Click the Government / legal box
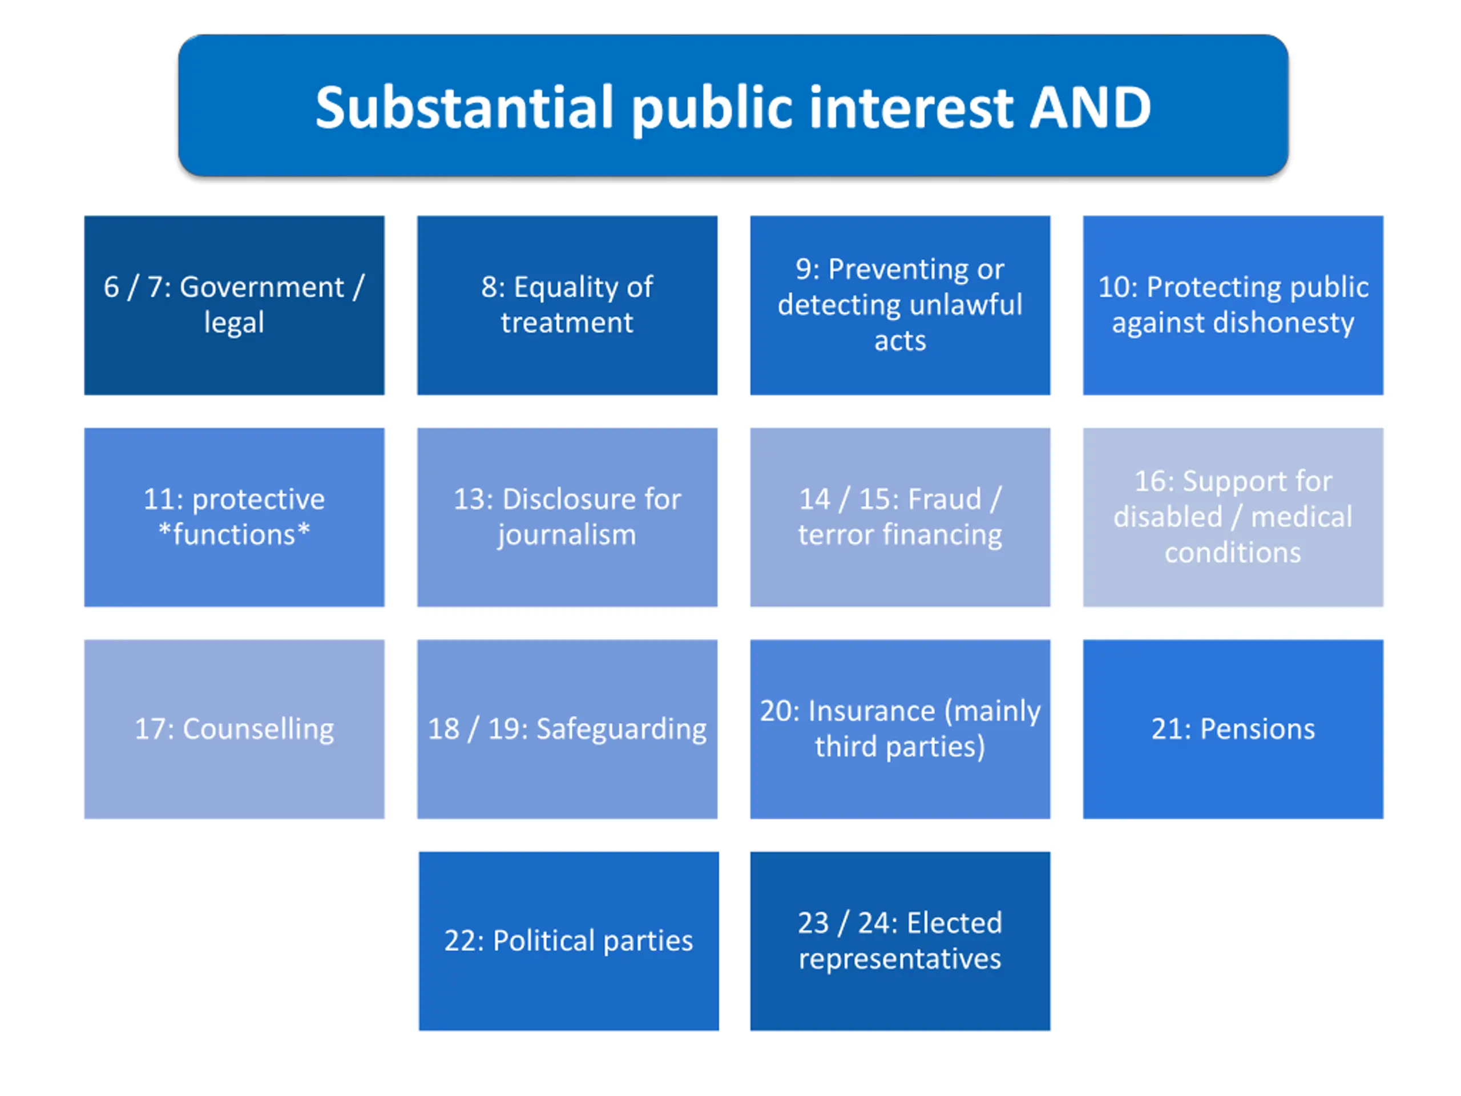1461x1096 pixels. [234, 305]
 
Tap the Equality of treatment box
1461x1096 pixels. [567, 305]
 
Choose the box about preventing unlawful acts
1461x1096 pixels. [899, 305]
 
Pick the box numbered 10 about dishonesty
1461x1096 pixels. [1233, 305]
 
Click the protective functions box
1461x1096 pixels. [234, 517]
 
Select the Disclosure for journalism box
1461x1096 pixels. [567, 517]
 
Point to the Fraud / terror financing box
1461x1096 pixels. [899, 517]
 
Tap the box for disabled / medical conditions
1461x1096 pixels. [1233, 517]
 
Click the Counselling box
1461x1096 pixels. [234, 729]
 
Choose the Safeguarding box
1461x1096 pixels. [567, 729]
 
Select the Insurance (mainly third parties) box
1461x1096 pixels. [899, 729]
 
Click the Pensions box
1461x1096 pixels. [1233, 729]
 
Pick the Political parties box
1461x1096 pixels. [568, 941]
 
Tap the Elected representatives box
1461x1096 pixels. [899, 941]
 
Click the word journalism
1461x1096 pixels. [567, 535]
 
